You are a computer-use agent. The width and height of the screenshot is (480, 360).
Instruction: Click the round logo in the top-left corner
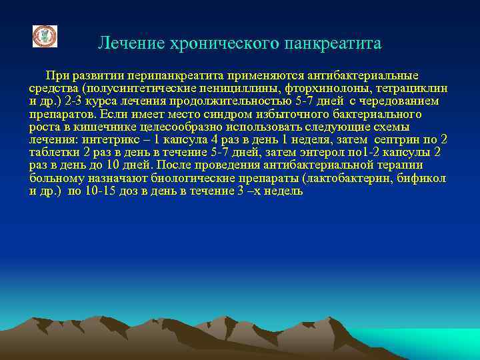[x=45, y=36]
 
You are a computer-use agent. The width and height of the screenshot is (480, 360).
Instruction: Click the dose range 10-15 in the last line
[x=103, y=191]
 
